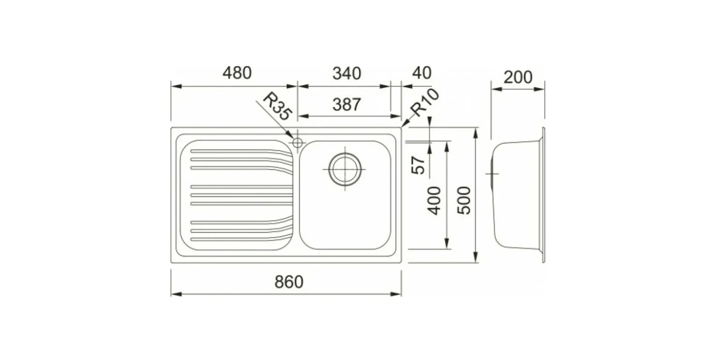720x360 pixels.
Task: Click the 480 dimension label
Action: tap(237, 73)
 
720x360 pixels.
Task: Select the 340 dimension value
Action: tap(347, 74)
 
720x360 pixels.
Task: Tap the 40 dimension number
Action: tap(422, 73)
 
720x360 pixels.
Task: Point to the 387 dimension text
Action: tap(347, 104)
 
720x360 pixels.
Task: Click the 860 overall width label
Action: tap(289, 282)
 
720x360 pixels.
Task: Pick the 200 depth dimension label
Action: tap(518, 77)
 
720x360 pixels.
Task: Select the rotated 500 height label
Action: tap(464, 201)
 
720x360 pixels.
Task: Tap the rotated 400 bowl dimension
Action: tap(434, 201)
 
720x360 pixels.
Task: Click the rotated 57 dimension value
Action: tap(418, 165)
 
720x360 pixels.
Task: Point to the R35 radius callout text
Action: tap(277, 107)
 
